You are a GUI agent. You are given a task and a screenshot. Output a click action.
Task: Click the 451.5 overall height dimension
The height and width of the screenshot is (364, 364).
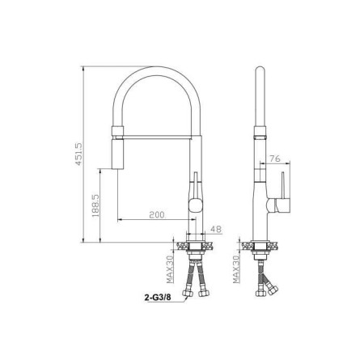[78, 154]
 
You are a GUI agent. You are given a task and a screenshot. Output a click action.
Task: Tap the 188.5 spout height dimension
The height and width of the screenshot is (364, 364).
[95, 205]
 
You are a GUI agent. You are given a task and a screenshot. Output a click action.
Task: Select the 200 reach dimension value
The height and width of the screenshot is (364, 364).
[157, 215]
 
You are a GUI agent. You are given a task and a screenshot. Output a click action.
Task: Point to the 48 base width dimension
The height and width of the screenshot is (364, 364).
[216, 229]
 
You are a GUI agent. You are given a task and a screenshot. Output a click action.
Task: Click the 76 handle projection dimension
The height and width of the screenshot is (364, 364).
[275, 159]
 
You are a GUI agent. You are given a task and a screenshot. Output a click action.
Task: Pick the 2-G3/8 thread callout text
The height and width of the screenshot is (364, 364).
[158, 298]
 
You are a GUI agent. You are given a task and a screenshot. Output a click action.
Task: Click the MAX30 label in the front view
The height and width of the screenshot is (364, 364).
[170, 269]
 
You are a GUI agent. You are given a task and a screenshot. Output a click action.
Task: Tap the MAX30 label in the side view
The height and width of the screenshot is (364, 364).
[236, 269]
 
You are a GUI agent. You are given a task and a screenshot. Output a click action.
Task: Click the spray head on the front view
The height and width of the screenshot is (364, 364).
[117, 154]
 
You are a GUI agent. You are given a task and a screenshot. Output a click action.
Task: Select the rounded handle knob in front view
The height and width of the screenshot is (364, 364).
[195, 205]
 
